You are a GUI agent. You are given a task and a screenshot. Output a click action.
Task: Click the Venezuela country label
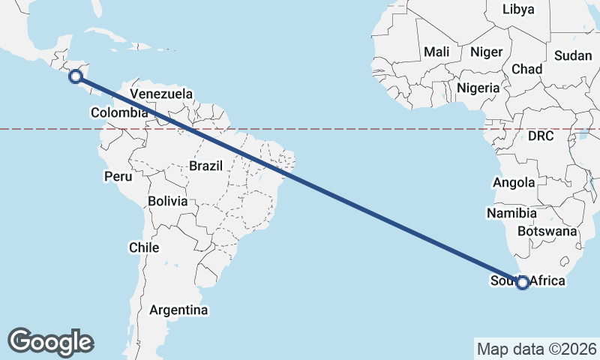point(161,94)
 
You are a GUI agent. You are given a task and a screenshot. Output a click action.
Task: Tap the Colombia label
point(119,112)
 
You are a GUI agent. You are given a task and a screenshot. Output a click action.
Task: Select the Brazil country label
point(206,165)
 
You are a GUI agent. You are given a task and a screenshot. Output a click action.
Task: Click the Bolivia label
point(168,201)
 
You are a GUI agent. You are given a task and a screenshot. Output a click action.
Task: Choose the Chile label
point(144,247)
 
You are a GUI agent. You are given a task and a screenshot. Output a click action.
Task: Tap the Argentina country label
point(178,309)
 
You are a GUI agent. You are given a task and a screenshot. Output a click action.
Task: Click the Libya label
point(518,9)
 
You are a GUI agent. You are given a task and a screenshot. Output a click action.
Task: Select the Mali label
point(436,52)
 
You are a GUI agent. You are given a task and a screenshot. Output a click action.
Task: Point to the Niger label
point(485,52)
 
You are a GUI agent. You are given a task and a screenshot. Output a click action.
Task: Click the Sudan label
point(572,55)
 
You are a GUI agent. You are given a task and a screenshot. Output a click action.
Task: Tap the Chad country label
point(526,68)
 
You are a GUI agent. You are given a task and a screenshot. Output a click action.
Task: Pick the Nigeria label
point(478,87)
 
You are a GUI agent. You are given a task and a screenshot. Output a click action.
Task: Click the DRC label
point(540,136)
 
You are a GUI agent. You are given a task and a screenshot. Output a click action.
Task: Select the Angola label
point(514,182)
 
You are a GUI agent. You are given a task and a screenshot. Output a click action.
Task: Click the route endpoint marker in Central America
point(75,75)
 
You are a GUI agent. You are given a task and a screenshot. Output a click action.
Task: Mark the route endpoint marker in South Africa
point(523,282)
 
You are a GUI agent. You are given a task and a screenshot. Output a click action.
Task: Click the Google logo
point(51,341)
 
